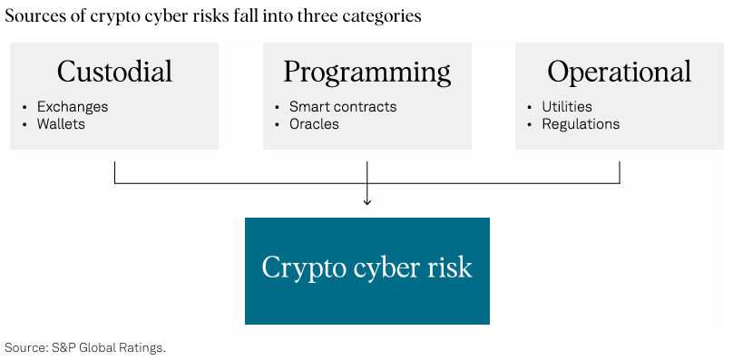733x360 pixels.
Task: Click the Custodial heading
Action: tap(114, 71)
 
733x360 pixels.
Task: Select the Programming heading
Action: tap(367, 73)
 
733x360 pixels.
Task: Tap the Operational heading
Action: tap(620, 73)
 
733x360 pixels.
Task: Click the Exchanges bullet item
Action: tap(73, 107)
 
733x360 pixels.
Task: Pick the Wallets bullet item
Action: tap(62, 124)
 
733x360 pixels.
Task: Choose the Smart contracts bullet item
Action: tap(343, 107)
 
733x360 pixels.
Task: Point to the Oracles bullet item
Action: tap(314, 124)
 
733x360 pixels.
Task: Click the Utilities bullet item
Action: tap(567, 107)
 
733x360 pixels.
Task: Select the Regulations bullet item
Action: tap(582, 124)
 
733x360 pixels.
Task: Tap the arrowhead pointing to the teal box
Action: tap(367, 201)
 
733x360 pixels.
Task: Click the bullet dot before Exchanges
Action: tap(24, 108)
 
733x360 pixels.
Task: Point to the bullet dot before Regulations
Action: tap(529, 125)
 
